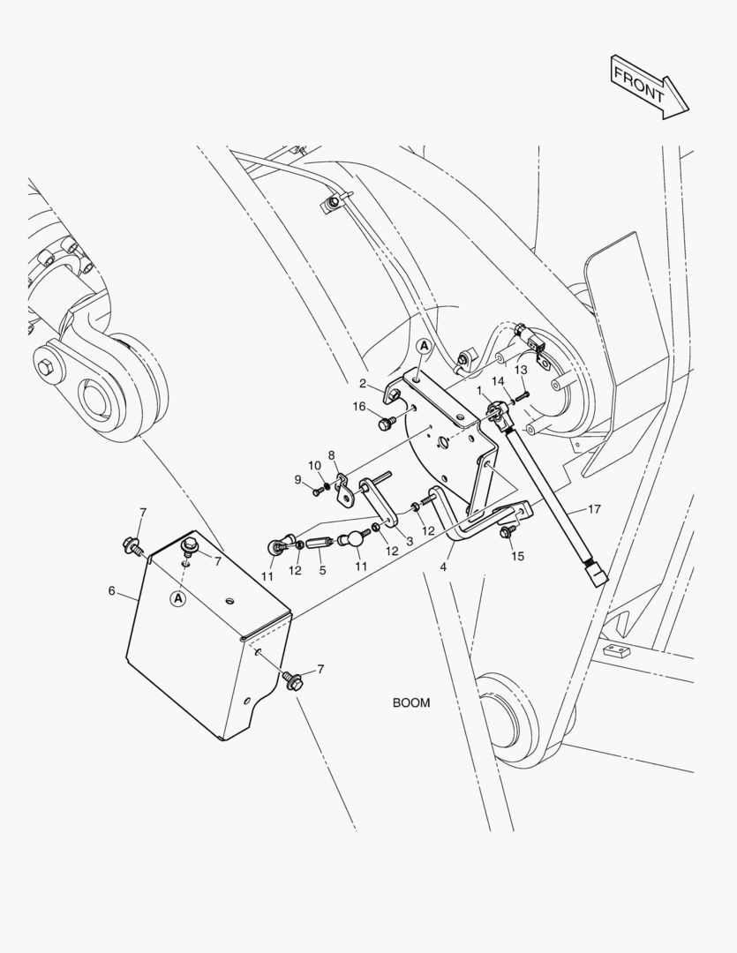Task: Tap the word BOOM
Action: (x=411, y=703)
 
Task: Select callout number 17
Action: (x=595, y=509)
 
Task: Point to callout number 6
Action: (x=112, y=590)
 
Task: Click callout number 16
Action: (x=359, y=406)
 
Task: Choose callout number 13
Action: (x=521, y=369)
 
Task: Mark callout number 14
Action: (x=499, y=380)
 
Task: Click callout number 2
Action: (x=363, y=383)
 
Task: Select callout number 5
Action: (x=322, y=571)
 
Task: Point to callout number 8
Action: (x=332, y=455)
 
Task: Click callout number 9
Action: (x=298, y=479)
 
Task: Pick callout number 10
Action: (x=315, y=465)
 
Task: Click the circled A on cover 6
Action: (x=177, y=598)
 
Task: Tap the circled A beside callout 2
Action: (x=424, y=347)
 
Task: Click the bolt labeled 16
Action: (x=385, y=425)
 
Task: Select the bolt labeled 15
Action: (x=507, y=532)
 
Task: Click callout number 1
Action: (x=479, y=389)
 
